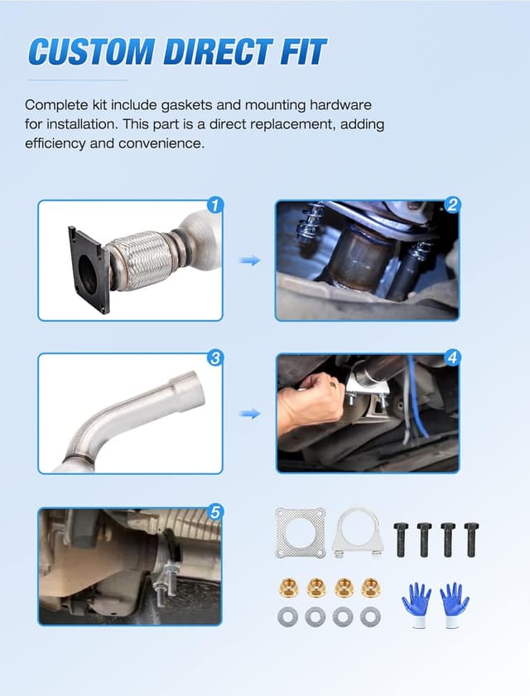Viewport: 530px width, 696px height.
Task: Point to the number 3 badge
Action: tap(214, 358)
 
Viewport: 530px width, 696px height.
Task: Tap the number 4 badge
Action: tap(451, 358)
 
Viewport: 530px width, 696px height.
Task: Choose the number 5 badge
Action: tap(214, 512)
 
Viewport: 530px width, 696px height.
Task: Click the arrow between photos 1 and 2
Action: tap(249, 261)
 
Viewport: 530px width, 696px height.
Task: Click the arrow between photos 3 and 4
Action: tap(249, 413)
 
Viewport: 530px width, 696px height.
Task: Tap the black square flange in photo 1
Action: tap(88, 270)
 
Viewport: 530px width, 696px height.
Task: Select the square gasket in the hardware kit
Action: tap(300, 532)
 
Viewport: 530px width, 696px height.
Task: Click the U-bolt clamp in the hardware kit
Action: tap(357, 533)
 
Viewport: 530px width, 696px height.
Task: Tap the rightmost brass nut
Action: tap(370, 588)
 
